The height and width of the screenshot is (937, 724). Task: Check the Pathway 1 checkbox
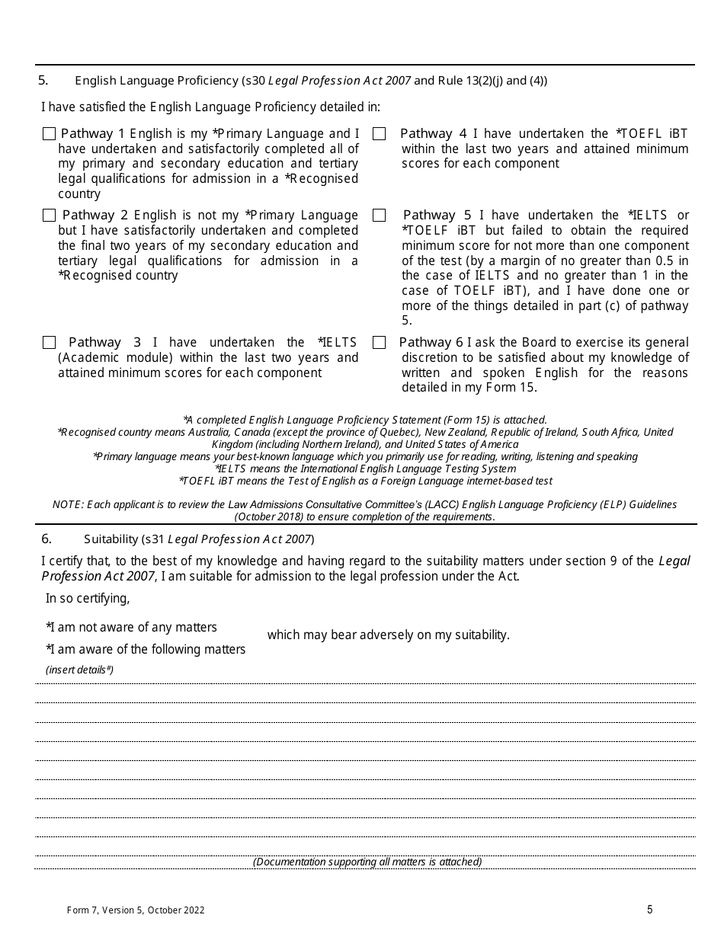coord(50,134)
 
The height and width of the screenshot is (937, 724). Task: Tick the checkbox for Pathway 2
coord(50,216)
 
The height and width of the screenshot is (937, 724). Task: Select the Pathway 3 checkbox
coord(50,343)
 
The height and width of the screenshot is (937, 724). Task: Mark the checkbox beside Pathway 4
coord(379,134)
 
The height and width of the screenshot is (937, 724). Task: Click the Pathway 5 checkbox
coord(379,216)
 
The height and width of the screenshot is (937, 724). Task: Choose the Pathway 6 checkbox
coord(379,343)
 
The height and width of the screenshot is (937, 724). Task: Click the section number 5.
coord(43,80)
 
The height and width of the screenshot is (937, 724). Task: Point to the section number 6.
coord(46,539)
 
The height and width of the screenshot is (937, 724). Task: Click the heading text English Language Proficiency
coord(156,81)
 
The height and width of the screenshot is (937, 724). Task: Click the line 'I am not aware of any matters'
coord(131,627)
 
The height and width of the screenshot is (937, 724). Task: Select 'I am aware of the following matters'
coord(146,649)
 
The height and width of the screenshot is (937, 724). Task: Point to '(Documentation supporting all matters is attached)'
coord(367,862)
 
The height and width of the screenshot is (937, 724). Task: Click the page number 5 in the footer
coord(649,909)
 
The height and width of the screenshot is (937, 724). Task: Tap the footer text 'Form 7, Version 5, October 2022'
coord(136,910)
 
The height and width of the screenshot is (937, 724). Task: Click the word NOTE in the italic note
coord(66,504)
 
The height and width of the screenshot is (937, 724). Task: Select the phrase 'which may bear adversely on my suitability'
coord(388,635)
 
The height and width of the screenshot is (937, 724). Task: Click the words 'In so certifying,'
coord(88,598)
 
